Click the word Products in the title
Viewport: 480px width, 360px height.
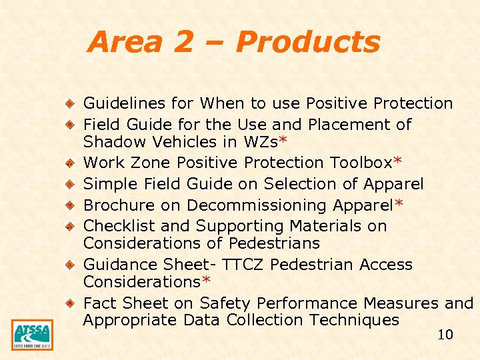(x=307, y=43)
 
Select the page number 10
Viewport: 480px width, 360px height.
(x=445, y=335)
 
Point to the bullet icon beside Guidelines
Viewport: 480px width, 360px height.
(x=69, y=103)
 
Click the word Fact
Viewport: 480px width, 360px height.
(x=98, y=303)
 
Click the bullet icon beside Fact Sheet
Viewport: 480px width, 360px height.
(x=69, y=303)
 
